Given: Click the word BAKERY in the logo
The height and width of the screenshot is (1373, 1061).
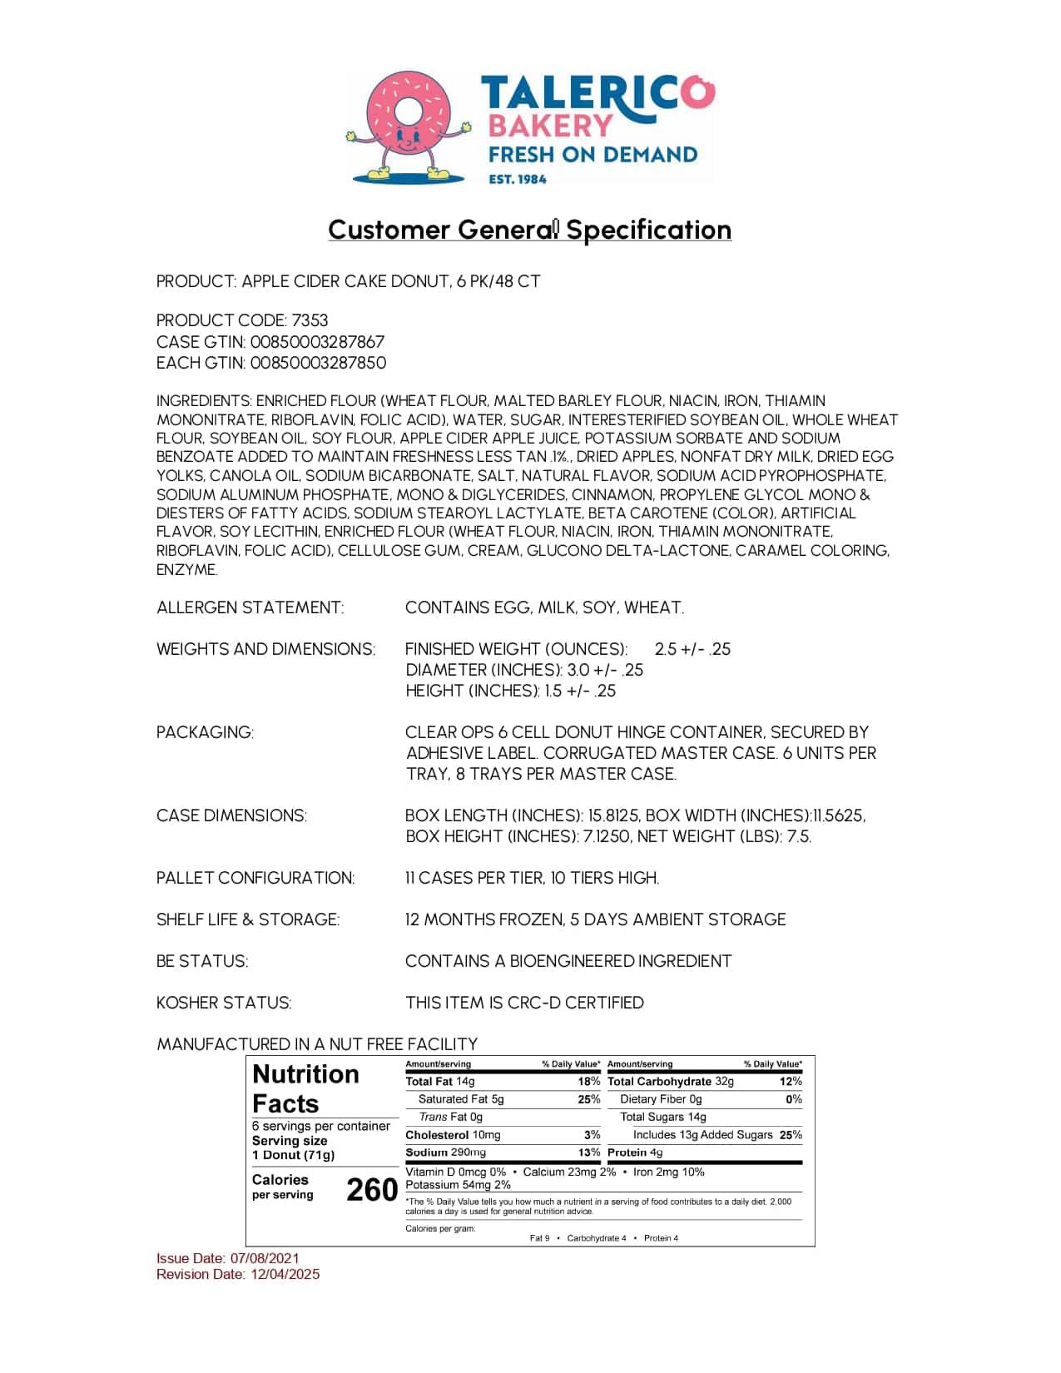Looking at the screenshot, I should coord(550,126).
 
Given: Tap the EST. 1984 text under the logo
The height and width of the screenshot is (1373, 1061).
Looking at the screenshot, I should coord(518,178).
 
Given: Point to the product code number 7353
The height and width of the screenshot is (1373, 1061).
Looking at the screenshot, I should coord(310,320).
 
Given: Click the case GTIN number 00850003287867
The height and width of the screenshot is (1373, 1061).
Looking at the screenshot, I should coord(317,341).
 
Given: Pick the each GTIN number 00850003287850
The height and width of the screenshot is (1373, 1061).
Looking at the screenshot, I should coord(318,362).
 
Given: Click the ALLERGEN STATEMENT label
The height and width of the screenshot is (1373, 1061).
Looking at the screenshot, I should coord(250,607).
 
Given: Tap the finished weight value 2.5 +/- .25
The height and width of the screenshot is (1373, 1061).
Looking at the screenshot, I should coord(692,649).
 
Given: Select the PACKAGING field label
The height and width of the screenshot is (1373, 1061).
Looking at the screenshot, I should coord(205,732).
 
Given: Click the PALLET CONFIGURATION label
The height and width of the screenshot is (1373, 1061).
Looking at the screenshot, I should coord(255,878).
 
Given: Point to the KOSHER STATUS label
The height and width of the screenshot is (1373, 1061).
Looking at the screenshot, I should coord(224,1003).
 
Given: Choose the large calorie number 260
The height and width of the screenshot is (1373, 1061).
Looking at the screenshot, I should coord(371,1190).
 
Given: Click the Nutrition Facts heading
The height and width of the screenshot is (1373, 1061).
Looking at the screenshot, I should coord(305,1088).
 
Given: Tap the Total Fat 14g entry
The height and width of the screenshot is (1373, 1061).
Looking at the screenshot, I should coord(440,1082).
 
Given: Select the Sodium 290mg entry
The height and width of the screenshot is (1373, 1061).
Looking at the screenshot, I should coord(445,1152).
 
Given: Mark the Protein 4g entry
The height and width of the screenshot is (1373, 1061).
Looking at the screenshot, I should coord(635,1152).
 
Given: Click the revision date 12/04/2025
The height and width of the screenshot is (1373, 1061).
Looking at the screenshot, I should coord(285,1274).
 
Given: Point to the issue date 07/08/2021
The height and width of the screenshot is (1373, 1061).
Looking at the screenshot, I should coord(265,1258).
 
